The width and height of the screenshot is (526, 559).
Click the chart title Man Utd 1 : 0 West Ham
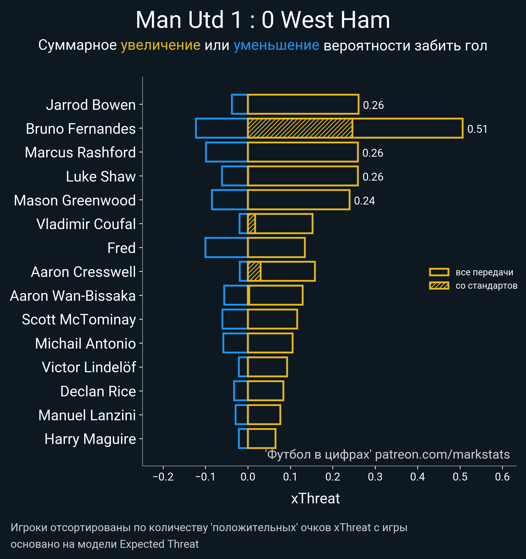click(263, 20)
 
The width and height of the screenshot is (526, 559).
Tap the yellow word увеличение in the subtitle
click(160, 45)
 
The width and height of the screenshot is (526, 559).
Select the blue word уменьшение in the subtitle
click(276, 45)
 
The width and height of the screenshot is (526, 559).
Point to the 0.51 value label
click(477, 129)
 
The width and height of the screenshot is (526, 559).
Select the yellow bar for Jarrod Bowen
click(303, 104)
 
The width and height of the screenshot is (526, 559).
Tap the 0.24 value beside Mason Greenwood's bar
click(364, 201)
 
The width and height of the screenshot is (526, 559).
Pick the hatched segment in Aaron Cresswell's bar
click(254, 271)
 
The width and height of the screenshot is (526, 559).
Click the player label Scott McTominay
click(79, 319)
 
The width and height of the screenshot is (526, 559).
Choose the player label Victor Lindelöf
click(89, 367)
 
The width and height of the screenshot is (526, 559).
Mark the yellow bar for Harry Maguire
click(261, 438)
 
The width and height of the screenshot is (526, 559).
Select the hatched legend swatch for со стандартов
click(439, 286)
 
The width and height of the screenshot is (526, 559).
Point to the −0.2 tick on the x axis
click(163, 477)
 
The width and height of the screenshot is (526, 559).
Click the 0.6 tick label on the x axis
click(502, 477)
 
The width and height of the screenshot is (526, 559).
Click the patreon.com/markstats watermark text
click(442, 454)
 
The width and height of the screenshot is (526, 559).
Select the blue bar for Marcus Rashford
click(227, 152)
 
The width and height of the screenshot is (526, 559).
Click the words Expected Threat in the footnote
click(159, 544)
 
